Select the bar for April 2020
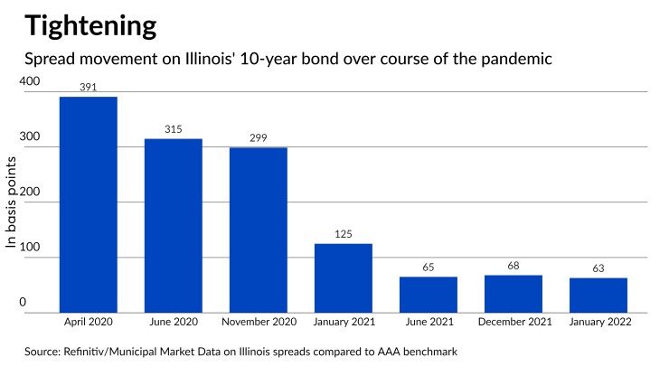pos(88,204)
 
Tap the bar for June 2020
pos(174,225)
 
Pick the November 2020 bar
pos(259,230)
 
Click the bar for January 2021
pos(344,277)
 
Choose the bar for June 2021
pos(429,294)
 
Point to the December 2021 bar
pos(514,293)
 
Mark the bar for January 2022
pos(598,295)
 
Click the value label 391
pos(88,89)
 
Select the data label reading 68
pos(514,268)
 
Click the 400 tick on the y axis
pos(30,82)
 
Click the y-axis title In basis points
pos(13,202)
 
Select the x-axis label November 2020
pos(259,321)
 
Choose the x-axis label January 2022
pos(598,321)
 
